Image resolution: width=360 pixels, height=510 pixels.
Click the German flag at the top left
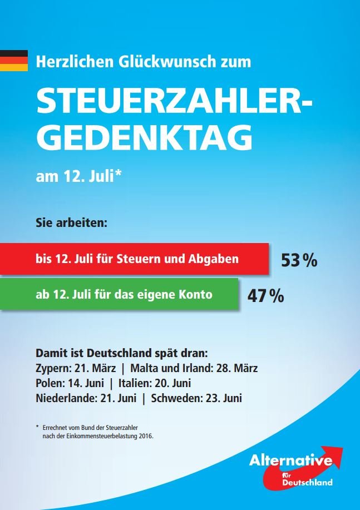[x=13, y=61]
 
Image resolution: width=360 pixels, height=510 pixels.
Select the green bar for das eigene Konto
[x=120, y=294]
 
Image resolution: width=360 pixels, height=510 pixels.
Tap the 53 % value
[x=299, y=260]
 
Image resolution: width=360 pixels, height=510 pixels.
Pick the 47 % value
[x=265, y=296]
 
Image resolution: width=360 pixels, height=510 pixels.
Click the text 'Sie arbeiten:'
[x=71, y=225]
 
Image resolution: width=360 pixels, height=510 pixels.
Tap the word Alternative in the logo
[x=290, y=461]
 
